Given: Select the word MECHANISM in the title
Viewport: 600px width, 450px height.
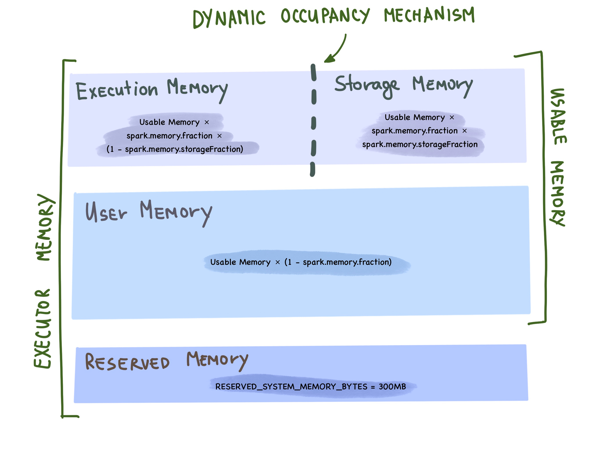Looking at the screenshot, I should click(429, 15).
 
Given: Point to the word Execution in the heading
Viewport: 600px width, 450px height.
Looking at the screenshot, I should click(117, 90).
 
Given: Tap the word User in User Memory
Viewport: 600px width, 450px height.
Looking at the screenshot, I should click(106, 212).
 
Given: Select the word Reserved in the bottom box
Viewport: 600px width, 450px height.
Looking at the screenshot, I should click(127, 362).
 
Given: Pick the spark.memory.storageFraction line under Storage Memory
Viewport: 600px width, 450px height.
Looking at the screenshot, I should click(420, 144).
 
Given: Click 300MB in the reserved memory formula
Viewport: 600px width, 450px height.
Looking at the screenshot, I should click(392, 386).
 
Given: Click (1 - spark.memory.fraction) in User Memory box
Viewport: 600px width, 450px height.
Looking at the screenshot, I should click(338, 262).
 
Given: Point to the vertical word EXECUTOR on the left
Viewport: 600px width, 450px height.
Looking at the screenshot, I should click(43, 328).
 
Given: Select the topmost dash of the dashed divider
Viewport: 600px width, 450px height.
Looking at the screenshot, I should click(314, 73).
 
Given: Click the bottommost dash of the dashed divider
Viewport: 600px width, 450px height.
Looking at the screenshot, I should click(313, 169).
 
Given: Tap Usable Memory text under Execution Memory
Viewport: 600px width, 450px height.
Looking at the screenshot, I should click(169, 122).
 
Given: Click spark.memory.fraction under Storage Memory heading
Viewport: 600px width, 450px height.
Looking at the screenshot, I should click(414, 131).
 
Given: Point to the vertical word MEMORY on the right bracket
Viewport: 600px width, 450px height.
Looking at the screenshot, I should click(557, 193).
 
